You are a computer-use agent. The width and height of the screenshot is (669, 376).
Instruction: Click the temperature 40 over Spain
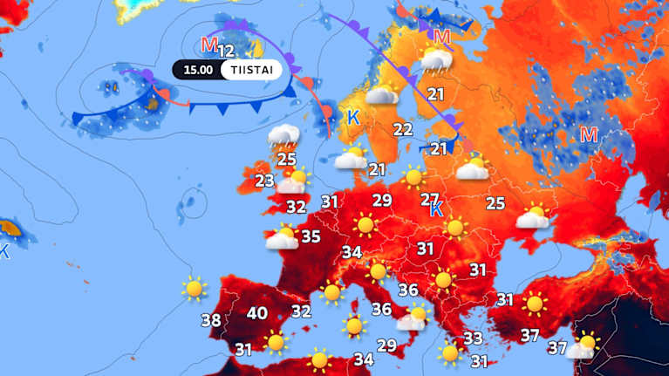pyautogui.click(x=257, y=314)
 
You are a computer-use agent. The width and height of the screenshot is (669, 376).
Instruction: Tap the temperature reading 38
pyautogui.click(x=211, y=320)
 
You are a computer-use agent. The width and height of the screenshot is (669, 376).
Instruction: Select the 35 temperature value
pyautogui.click(x=311, y=236)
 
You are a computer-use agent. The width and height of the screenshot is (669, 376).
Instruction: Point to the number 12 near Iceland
pyautogui.click(x=226, y=51)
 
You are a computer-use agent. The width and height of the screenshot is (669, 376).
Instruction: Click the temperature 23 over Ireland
pyautogui.click(x=265, y=181)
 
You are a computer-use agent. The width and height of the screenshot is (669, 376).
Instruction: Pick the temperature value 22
pyautogui.click(x=403, y=129)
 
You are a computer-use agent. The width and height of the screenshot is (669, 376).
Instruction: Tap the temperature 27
pyautogui.click(x=430, y=199)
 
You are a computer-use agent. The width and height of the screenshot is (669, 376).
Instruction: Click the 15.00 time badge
pyautogui.click(x=196, y=70)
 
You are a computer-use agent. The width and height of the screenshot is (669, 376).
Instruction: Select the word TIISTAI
pyautogui.click(x=251, y=70)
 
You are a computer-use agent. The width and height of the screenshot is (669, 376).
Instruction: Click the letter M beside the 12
pyautogui.click(x=208, y=44)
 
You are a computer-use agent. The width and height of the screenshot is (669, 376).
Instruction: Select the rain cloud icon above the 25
pyautogui.click(x=284, y=134)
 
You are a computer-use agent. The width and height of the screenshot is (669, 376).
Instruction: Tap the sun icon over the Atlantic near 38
pyautogui.click(x=194, y=287)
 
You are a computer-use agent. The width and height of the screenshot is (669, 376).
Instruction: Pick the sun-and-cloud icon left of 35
pyautogui.click(x=283, y=237)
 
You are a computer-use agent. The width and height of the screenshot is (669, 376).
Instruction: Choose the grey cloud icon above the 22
pyautogui.click(x=382, y=97)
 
